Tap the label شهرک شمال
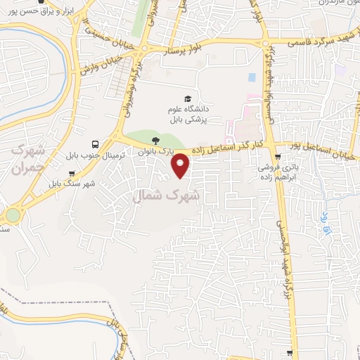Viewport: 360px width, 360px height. pyautogui.click(x=166, y=198)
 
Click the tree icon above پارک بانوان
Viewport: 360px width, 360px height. pyautogui.click(x=165, y=141)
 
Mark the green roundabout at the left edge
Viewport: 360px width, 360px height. pyautogui.click(x=13, y=215)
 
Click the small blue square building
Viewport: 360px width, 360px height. pyautogui.click(x=252, y=76)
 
